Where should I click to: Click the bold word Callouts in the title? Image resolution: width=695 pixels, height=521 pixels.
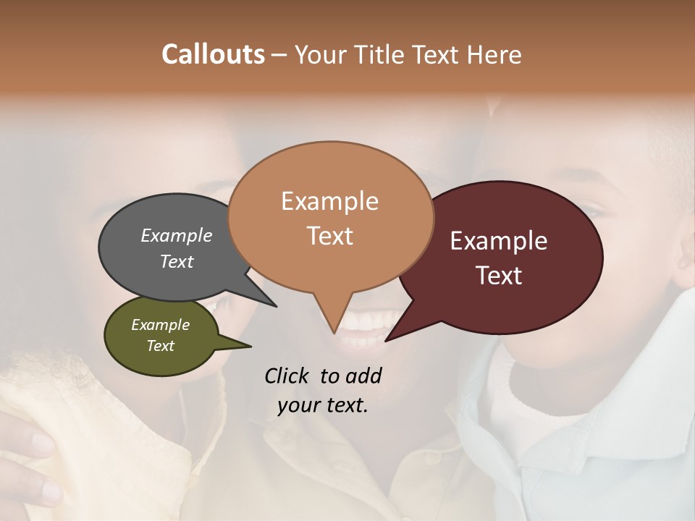pyautogui.click(x=213, y=54)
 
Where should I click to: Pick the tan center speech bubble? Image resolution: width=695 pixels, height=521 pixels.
pyautogui.click(x=329, y=260)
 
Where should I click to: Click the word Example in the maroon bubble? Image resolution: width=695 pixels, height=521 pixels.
pyautogui.click(x=499, y=241)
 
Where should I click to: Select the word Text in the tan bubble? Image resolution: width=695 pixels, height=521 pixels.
pyautogui.click(x=329, y=236)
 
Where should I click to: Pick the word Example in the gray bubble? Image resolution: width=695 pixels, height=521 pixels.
pyautogui.click(x=176, y=235)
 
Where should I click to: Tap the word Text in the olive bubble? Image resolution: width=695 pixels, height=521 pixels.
pyautogui.click(x=160, y=346)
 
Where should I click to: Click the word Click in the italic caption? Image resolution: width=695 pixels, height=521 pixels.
pyautogui.click(x=287, y=375)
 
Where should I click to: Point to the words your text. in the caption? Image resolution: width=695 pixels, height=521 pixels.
pyautogui.click(x=323, y=405)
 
